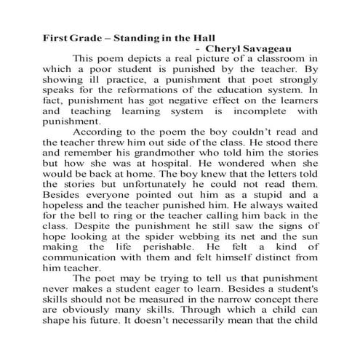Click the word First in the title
[x=55, y=36]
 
